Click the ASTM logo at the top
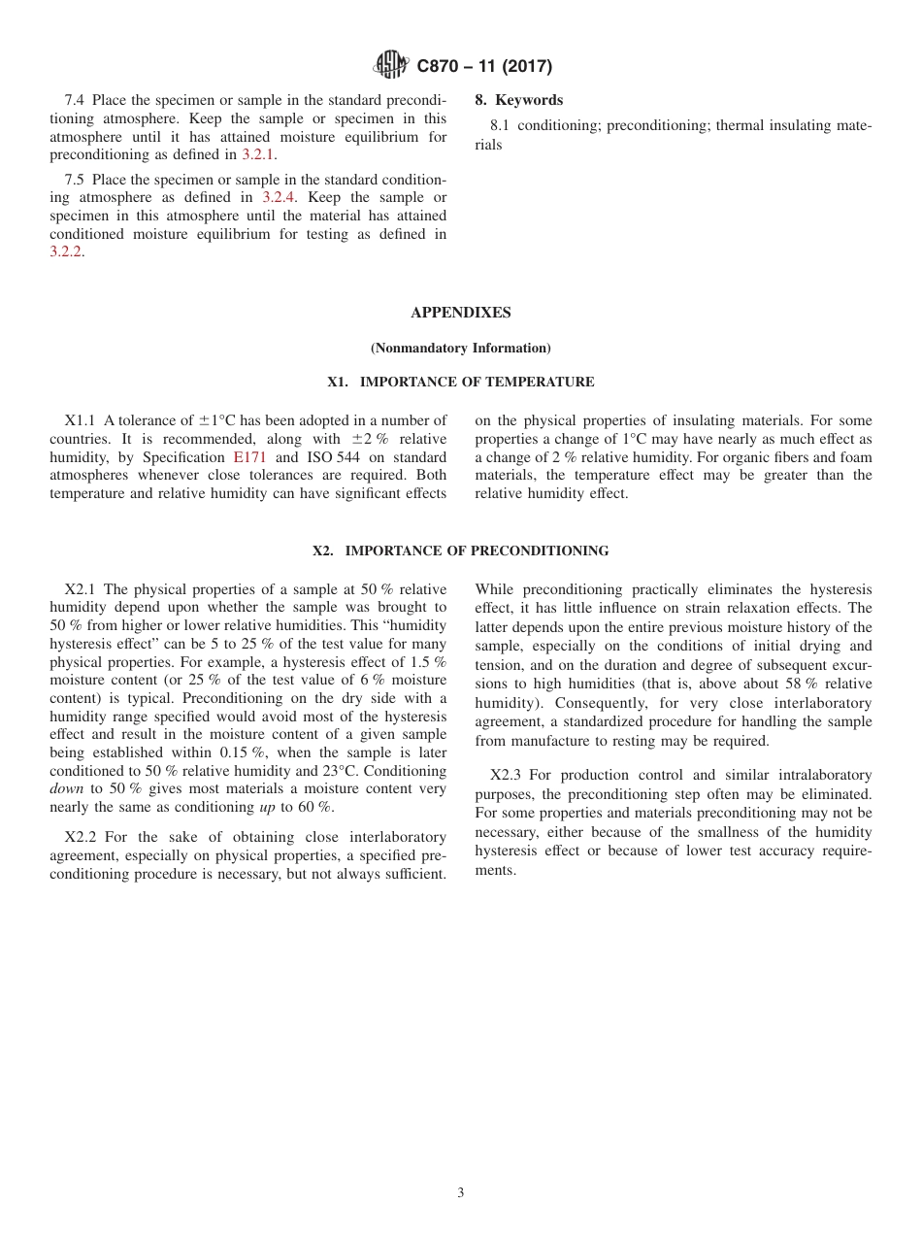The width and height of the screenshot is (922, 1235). pos(391,66)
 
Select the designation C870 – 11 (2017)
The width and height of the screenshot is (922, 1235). pos(483,67)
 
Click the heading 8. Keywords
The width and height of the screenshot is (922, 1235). pos(518,100)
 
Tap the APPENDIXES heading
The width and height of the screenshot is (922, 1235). pos(460,313)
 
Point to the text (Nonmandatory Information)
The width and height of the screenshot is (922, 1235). pos(460,348)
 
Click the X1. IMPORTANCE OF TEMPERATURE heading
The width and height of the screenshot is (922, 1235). pos(460,383)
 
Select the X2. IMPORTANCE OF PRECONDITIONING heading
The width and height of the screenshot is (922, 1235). pos(460,551)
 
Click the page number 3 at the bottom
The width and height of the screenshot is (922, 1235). pos(460,1193)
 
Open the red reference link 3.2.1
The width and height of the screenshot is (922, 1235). pos(259,155)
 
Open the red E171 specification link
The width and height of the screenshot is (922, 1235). pos(249,457)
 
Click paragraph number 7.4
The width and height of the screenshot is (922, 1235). pos(76,100)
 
